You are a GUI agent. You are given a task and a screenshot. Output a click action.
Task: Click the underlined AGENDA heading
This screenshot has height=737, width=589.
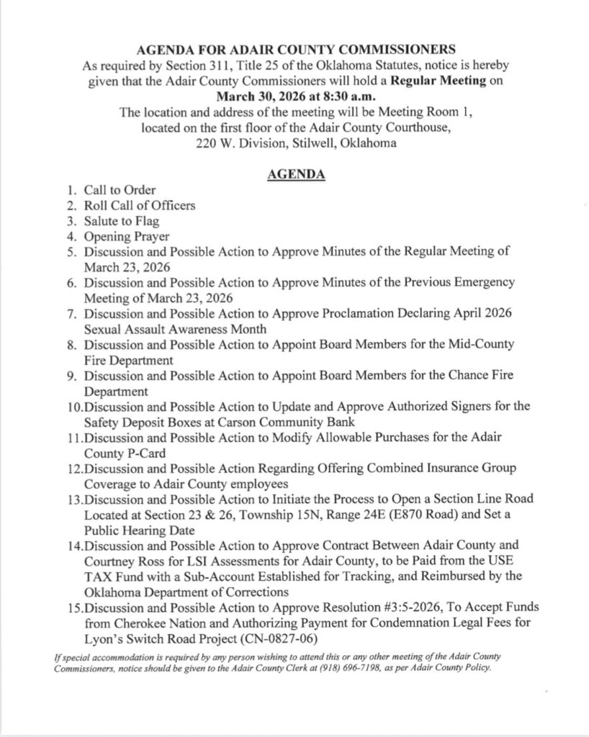click(x=295, y=174)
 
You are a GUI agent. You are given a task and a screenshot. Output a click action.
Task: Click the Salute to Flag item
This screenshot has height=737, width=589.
click(x=122, y=220)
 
